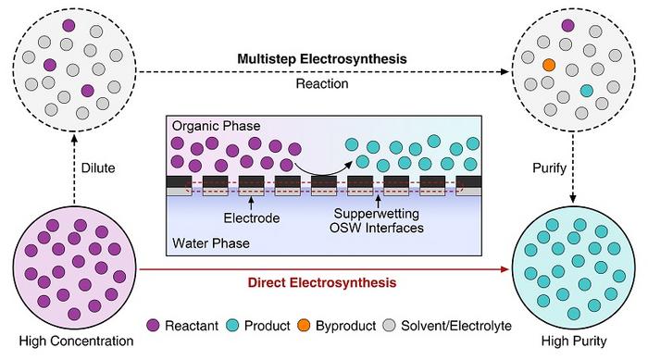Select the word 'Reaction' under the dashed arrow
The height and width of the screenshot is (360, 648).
pyautogui.click(x=323, y=84)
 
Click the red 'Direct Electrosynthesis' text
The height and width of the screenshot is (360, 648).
pyautogui.click(x=323, y=279)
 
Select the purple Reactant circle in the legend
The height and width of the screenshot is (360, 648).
pyautogui.click(x=155, y=324)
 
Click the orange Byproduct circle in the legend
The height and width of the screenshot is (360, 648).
pyautogui.click(x=323, y=324)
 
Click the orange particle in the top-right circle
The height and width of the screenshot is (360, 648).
pyautogui.click(x=549, y=66)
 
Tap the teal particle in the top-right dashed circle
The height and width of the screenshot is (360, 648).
pyautogui.click(x=586, y=91)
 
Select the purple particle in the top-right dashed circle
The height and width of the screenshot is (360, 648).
pyautogui.click(x=567, y=26)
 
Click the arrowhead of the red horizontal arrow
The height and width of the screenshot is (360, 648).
pyautogui.click(x=506, y=267)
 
